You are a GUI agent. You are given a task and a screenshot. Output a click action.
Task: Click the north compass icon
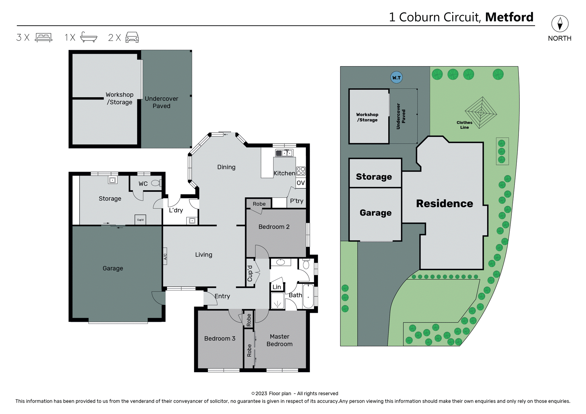(559, 24)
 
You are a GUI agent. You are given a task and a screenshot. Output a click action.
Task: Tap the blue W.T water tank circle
(396, 77)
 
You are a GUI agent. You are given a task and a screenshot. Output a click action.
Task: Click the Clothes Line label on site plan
(464, 125)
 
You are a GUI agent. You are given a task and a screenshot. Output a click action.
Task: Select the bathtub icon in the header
(89, 37)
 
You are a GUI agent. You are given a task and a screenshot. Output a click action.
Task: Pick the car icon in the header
(132, 37)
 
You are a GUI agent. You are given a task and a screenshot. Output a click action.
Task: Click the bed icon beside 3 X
(44, 37)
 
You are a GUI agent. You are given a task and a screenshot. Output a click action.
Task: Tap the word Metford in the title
(509, 17)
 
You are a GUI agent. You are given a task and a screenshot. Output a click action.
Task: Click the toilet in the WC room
(156, 183)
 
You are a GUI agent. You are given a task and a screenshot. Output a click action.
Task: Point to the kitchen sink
(284, 153)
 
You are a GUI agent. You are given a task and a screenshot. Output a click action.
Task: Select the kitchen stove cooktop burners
(301, 171)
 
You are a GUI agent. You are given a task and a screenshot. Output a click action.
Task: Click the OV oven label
(301, 183)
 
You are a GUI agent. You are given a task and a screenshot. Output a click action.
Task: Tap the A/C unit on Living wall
(165, 256)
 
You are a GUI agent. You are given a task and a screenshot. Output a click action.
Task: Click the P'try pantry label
(296, 201)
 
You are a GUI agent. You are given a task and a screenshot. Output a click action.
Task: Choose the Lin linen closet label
(277, 287)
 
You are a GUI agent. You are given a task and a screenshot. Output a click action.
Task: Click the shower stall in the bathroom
(277, 301)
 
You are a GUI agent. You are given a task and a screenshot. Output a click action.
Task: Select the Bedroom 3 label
(219, 338)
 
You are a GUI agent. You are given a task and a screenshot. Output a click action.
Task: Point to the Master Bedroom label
(279, 340)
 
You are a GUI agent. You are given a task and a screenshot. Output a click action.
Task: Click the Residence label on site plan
(444, 203)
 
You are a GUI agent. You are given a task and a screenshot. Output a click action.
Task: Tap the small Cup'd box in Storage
(140, 219)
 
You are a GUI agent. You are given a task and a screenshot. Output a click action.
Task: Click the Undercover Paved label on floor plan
(161, 102)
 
